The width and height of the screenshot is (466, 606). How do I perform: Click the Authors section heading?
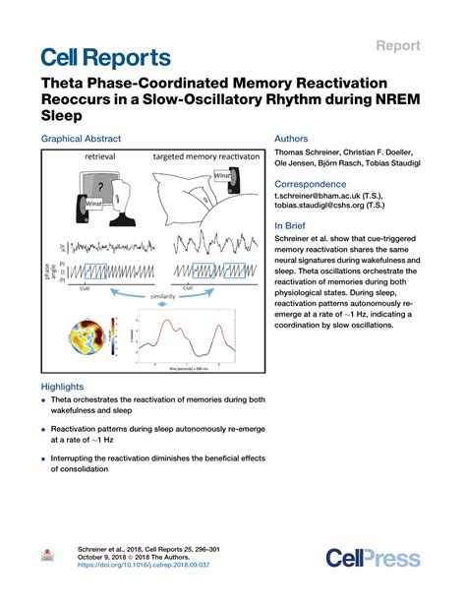[292, 140]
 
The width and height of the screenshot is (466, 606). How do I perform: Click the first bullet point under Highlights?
[44, 401]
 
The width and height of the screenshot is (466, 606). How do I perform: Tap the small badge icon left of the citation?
[45, 556]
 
